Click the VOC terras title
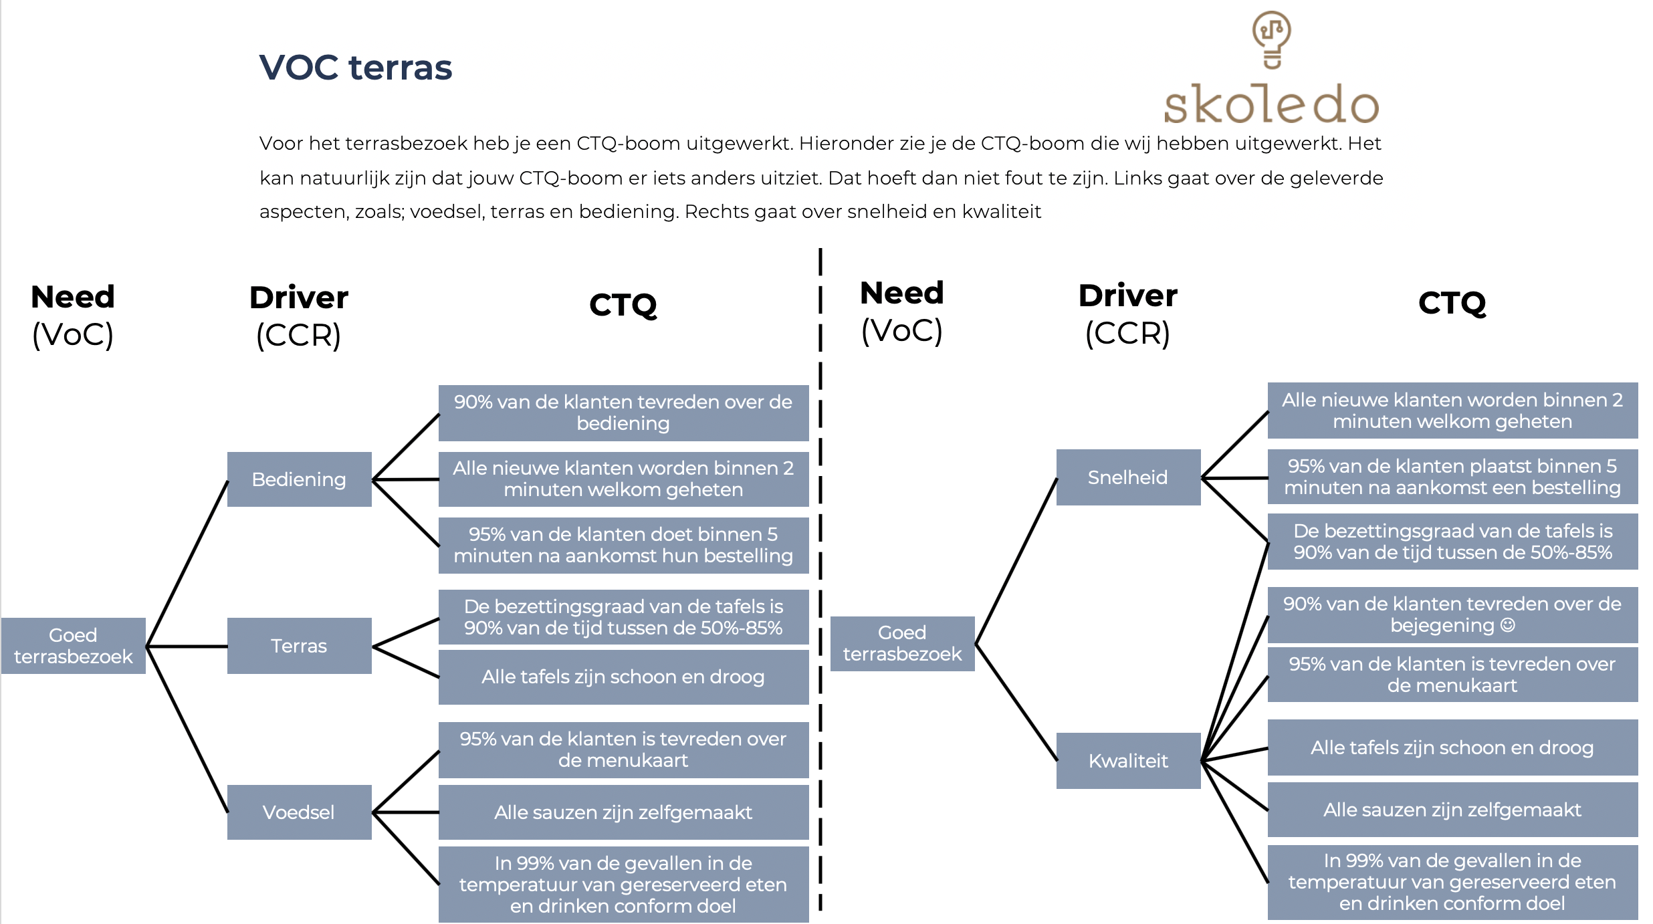(355, 68)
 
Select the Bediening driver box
(299, 479)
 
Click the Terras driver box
(299, 646)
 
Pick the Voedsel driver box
(299, 812)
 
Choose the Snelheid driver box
(1128, 477)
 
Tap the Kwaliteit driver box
(1128, 761)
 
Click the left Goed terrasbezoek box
(74, 646)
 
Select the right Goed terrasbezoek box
(902, 643)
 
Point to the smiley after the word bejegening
(1508, 625)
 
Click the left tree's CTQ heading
(623, 305)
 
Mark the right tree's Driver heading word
(1128, 296)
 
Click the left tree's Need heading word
(73, 297)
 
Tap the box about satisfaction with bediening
(623, 413)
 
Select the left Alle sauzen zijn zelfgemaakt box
(623, 812)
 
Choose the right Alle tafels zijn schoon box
(1452, 747)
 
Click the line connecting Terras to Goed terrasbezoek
(187, 647)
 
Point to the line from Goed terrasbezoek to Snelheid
(1016, 561)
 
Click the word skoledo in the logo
(1271, 104)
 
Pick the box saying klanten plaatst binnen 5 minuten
(1452, 477)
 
